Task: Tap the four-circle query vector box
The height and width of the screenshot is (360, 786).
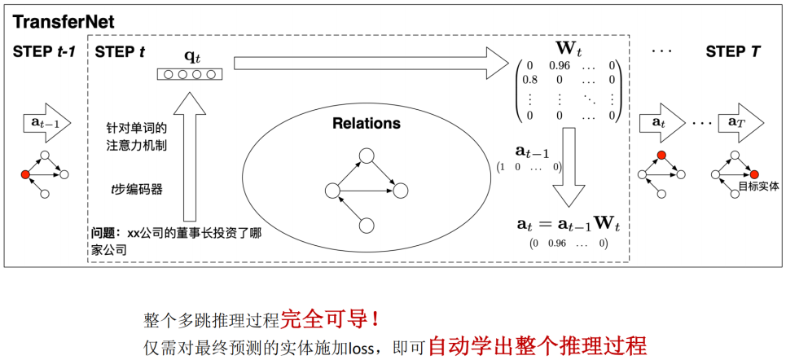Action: pos(189,76)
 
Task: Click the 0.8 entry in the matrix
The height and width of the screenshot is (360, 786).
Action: pos(529,80)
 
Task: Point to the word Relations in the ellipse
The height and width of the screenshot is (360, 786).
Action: pos(367,123)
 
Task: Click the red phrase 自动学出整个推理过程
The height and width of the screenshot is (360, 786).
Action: pos(538,345)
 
